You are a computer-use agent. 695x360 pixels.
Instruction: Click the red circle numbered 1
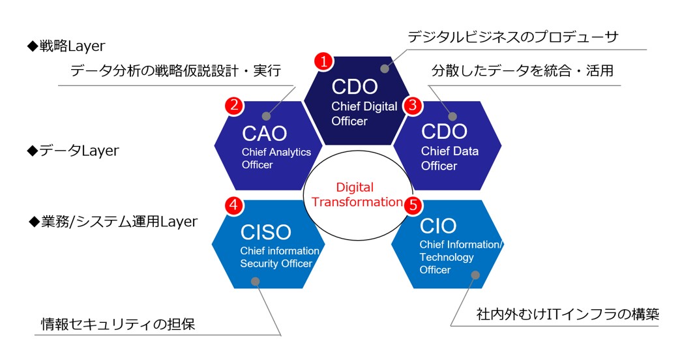(323, 61)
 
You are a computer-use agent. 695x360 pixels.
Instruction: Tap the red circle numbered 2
(234, 106)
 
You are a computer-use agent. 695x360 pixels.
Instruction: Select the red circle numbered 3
(413, 106)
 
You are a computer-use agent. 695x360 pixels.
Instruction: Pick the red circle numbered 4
(234, 205)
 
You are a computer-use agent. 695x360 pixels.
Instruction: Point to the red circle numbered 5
(413, 205)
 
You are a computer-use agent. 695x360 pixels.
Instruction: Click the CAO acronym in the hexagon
(265, 133)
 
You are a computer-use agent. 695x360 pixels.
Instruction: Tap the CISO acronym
(265, 232)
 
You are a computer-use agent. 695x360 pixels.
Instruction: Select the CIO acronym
(438, 226)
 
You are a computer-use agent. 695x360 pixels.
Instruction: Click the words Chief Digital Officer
(364, 114)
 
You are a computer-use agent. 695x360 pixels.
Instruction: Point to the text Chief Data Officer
(450, 158)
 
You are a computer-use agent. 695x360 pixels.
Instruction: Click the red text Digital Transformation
(357, 194)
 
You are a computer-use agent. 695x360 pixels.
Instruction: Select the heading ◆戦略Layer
(67, 46)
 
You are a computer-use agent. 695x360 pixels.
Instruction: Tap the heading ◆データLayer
(73, 151)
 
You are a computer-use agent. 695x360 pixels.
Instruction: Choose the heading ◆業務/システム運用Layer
(113, 221)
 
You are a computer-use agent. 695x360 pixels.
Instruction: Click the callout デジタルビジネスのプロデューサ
(513, 37)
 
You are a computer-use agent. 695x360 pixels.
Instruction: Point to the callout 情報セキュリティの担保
(118, 324)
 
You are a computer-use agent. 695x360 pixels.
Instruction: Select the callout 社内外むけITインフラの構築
(568, 314)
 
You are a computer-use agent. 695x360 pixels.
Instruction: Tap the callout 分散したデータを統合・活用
(523, 70)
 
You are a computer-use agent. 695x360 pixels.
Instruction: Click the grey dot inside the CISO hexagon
(255, 282)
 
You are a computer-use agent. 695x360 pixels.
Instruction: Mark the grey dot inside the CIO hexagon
(475, 275)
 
